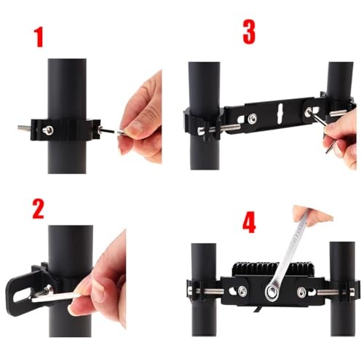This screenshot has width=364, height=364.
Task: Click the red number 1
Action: click(x=39, y=37)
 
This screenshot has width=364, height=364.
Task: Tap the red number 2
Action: click(x=39, y=209)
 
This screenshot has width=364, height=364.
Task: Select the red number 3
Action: click(x=249, y=32)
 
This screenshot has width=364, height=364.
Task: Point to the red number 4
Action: click(x=249, y=222)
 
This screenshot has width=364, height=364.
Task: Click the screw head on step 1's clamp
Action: click(x=48, y=130)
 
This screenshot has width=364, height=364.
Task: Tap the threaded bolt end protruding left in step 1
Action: click(x=24, y=127)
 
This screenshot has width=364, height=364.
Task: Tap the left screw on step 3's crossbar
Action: click(x=253, y=118)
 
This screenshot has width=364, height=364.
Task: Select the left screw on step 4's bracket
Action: click(x=242, y=290)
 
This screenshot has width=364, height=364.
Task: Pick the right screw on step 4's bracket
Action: click(x=302, y=291)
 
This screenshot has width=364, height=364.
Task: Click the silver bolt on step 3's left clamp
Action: click(x=218, y=129)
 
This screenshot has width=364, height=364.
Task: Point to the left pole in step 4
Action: click(x=204, y=289)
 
